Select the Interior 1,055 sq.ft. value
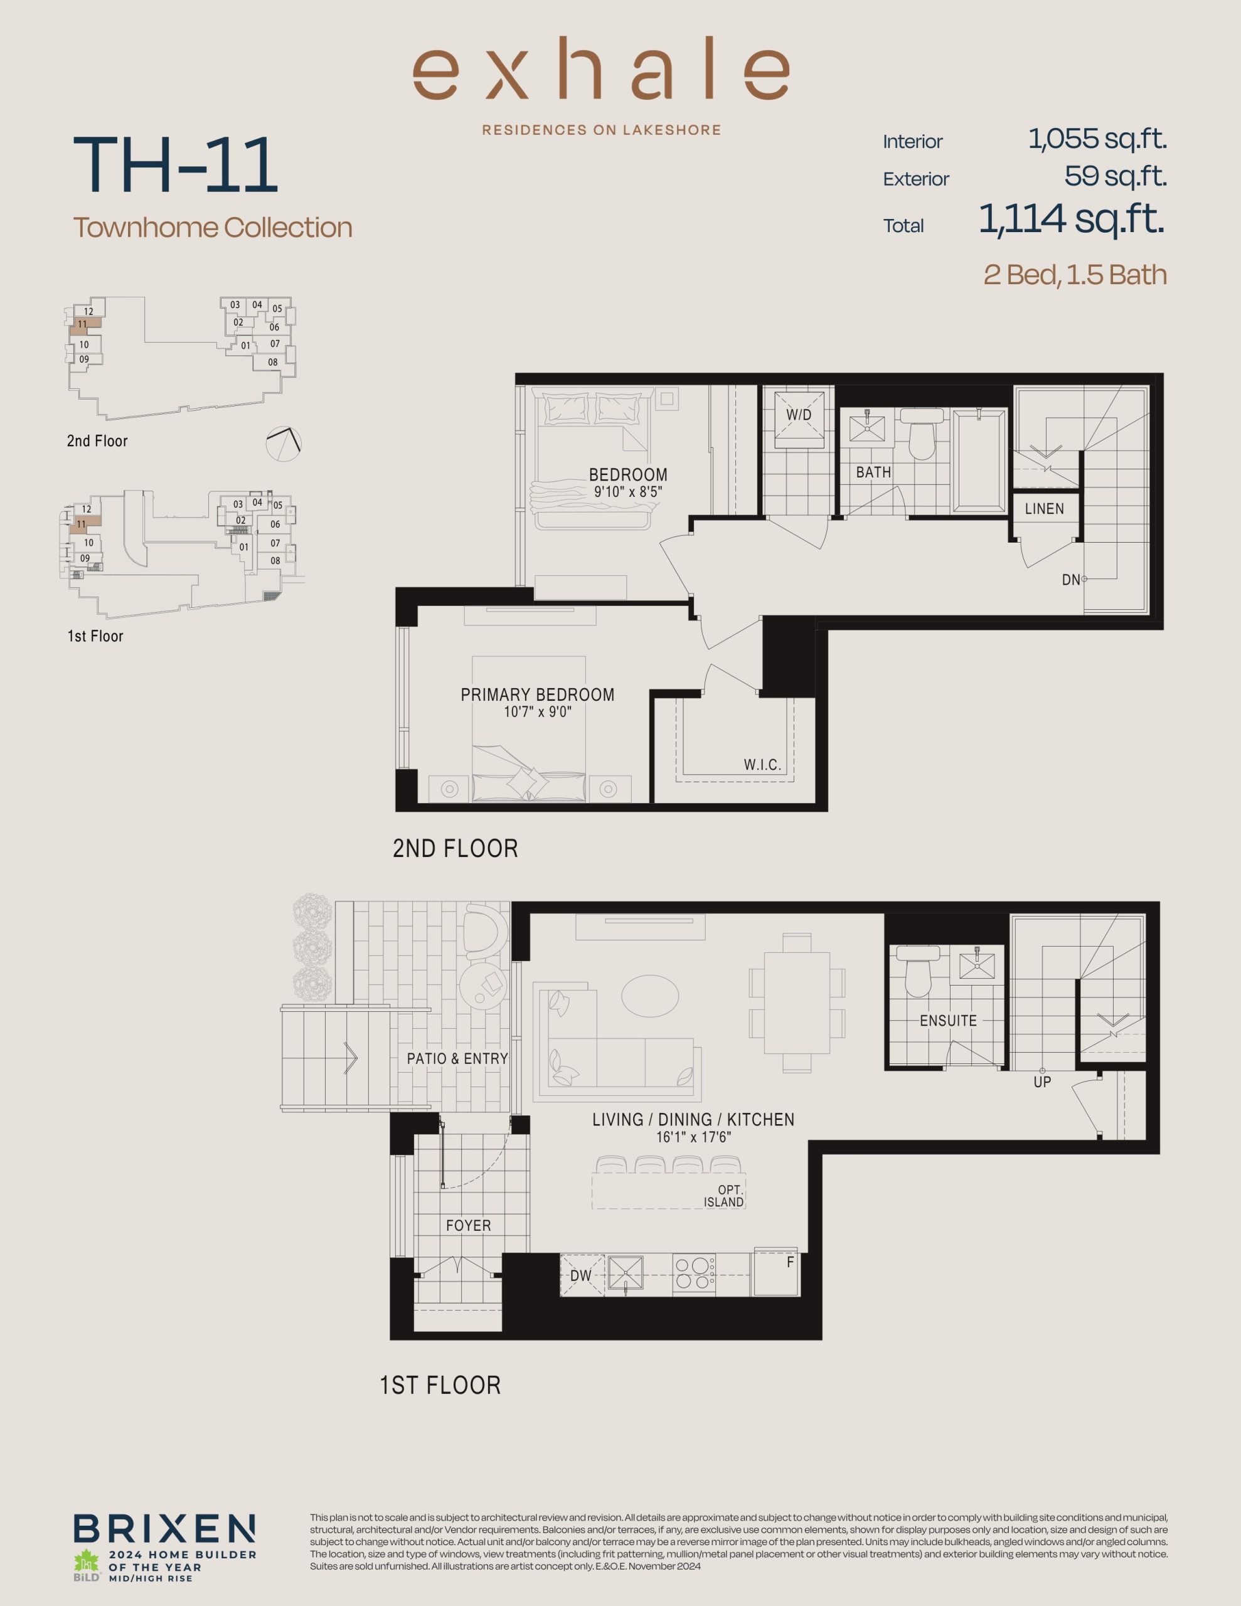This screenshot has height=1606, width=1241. point(1097,139)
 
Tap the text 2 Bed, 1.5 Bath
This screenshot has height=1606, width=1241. point(1075,275)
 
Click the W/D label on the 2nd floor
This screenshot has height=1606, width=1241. point(798,415)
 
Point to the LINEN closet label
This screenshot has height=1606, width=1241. point(1044,509)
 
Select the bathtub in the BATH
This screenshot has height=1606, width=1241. point(979,460)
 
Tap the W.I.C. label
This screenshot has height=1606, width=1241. point(762,765)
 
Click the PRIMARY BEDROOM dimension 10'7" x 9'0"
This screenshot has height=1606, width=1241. point(538,712)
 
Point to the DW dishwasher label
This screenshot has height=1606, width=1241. point(580,1276)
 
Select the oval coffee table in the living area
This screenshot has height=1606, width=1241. point(649,996)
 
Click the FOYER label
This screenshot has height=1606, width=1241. point(468,1226)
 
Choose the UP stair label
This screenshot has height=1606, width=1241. point(1041,1082)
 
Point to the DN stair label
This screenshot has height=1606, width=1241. point(1070,580)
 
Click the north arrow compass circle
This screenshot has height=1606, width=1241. point(284,444)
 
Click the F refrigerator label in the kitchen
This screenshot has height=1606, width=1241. point(790,1262)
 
